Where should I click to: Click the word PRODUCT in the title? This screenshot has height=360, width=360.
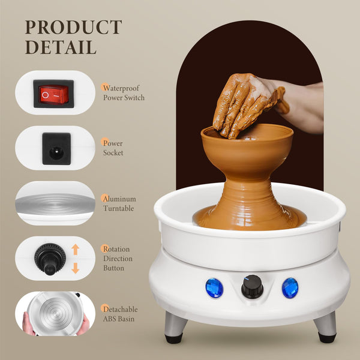73,28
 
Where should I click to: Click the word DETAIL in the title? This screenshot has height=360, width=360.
61,47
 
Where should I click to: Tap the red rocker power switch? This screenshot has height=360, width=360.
54,94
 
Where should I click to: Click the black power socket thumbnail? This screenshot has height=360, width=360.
56,148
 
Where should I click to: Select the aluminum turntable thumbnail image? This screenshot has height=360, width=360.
55,203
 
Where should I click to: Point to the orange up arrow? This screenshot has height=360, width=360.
75,248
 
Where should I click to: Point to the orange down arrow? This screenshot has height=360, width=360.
75,268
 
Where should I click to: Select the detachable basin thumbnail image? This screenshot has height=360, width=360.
55,313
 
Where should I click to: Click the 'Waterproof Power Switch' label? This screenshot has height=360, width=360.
124,92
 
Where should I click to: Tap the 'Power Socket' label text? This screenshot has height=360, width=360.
113,148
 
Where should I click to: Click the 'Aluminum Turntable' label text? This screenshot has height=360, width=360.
119,203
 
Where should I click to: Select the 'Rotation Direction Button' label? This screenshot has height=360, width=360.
117,259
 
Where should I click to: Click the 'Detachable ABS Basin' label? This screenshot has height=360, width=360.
119,314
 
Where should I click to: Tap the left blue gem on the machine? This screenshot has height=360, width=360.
214,288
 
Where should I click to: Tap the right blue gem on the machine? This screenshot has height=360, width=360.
290,287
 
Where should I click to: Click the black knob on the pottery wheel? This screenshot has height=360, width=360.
252,287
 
